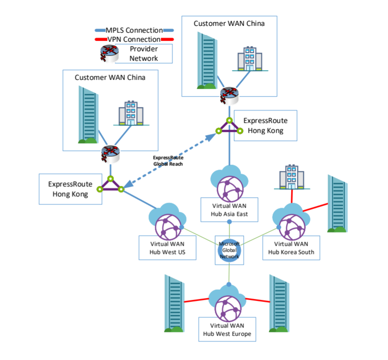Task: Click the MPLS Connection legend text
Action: tap(134, 30)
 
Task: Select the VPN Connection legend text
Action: tap(134, 39)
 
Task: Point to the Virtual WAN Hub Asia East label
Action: tap(229, 209)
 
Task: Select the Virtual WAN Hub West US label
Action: tap(167, 248)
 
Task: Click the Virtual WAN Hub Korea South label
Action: tap(291, 248)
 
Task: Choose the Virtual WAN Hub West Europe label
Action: tap(227, 330)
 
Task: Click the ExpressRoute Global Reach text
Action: tap(168, 161)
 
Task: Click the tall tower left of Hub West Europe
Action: tap(174, 303)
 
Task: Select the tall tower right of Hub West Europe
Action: tap(279, 303)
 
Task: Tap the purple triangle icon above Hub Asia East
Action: tap(229, 126)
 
